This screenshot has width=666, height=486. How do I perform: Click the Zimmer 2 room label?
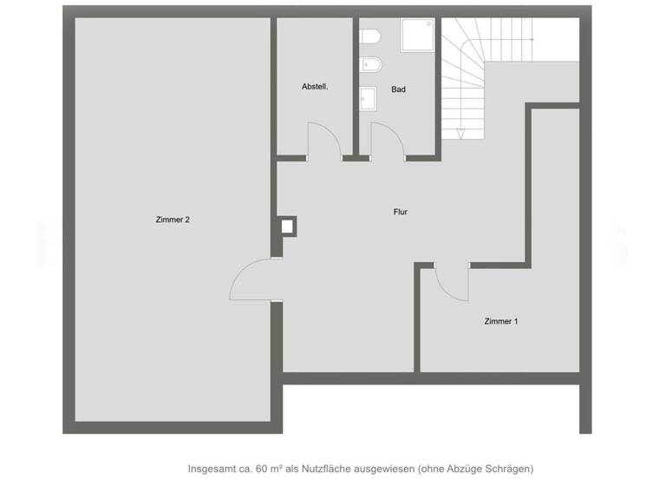[x=173, y=220]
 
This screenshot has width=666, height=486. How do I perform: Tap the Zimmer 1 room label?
[x=501, y=322]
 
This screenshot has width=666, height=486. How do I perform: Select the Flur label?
[x=400, y=212]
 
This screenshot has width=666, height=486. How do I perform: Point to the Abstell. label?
[x=314, y=87]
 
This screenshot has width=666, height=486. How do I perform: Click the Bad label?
[x=398, y=89]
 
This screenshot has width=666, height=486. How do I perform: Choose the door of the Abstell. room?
[x=323, y=141]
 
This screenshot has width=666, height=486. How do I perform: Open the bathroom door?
[x=385, y=141]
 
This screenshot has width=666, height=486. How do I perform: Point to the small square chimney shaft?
[x=288, y=227]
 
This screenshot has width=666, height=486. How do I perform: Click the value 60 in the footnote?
[x=262, y=469]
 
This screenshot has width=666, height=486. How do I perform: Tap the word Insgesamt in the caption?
[x=212, y=469]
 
